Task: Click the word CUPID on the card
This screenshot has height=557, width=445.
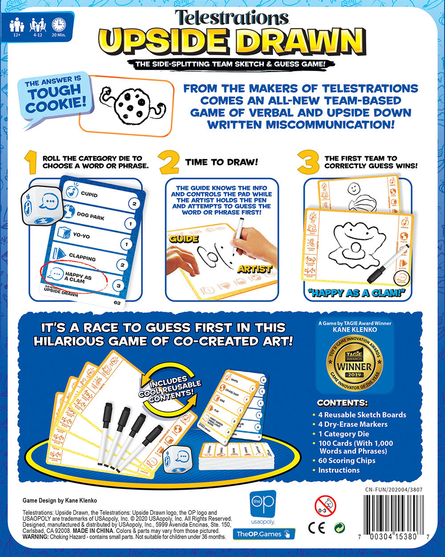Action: tap(89, 195)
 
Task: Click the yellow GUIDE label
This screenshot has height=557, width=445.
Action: tap(183, 239)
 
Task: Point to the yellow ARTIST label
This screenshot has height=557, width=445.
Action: tap(255, 269)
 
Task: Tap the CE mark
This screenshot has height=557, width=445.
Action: tap(314, 528)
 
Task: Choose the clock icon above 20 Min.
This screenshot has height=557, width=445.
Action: tap(59, 25)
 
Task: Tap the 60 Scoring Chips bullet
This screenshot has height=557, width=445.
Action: tap(347, 460)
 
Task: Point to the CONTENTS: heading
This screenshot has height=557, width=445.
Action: tap(342, 403)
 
